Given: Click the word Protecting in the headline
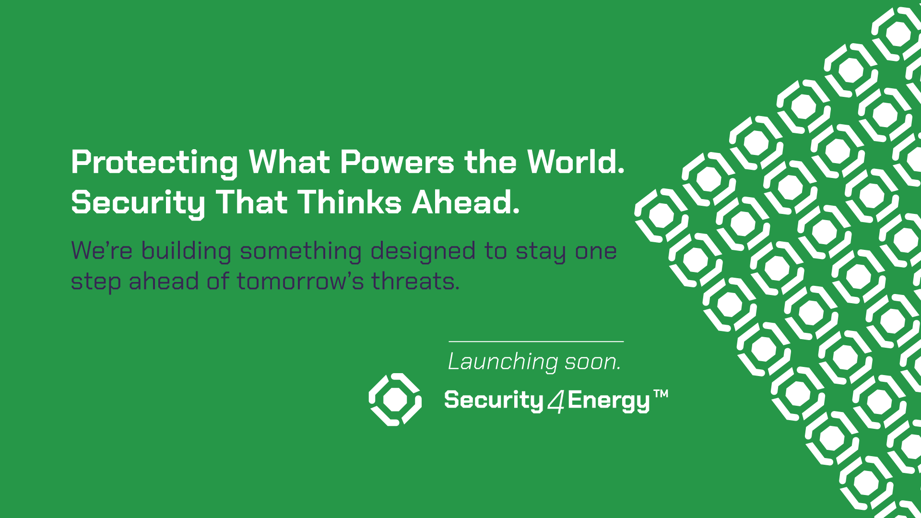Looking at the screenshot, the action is tap(154, 163).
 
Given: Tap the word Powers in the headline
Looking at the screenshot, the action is tap(397, 162).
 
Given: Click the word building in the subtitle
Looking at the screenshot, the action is tap(186, 251).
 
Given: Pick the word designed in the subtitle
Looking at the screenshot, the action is tap(423, 251).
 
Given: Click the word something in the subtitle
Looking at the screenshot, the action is tap(301, 251).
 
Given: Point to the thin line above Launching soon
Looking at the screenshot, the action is tap(536, 341).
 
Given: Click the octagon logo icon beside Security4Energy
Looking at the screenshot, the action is tap(395, 400).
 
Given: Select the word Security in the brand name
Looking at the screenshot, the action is tap(494, 400).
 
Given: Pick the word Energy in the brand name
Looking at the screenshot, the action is tap(609, 401).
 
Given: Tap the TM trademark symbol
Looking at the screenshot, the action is tap(661, 394).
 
